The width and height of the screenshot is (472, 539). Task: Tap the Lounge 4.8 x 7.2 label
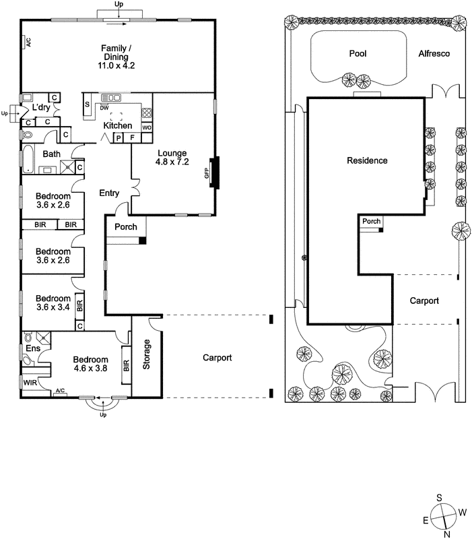173,158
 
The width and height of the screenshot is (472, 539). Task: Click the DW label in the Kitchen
104,108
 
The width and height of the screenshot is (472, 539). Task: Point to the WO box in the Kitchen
146,127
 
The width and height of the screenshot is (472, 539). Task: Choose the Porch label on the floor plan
125,227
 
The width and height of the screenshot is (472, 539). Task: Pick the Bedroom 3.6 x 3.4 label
53,304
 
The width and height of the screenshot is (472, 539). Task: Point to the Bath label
51,154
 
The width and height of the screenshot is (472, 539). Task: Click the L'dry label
40,108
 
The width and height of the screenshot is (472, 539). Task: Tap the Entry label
109,193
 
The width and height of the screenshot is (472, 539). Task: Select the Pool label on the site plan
357,53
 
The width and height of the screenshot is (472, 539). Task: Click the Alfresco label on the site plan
433,53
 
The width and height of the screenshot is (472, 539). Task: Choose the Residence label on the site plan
367,160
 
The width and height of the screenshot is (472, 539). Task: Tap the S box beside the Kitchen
88,104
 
